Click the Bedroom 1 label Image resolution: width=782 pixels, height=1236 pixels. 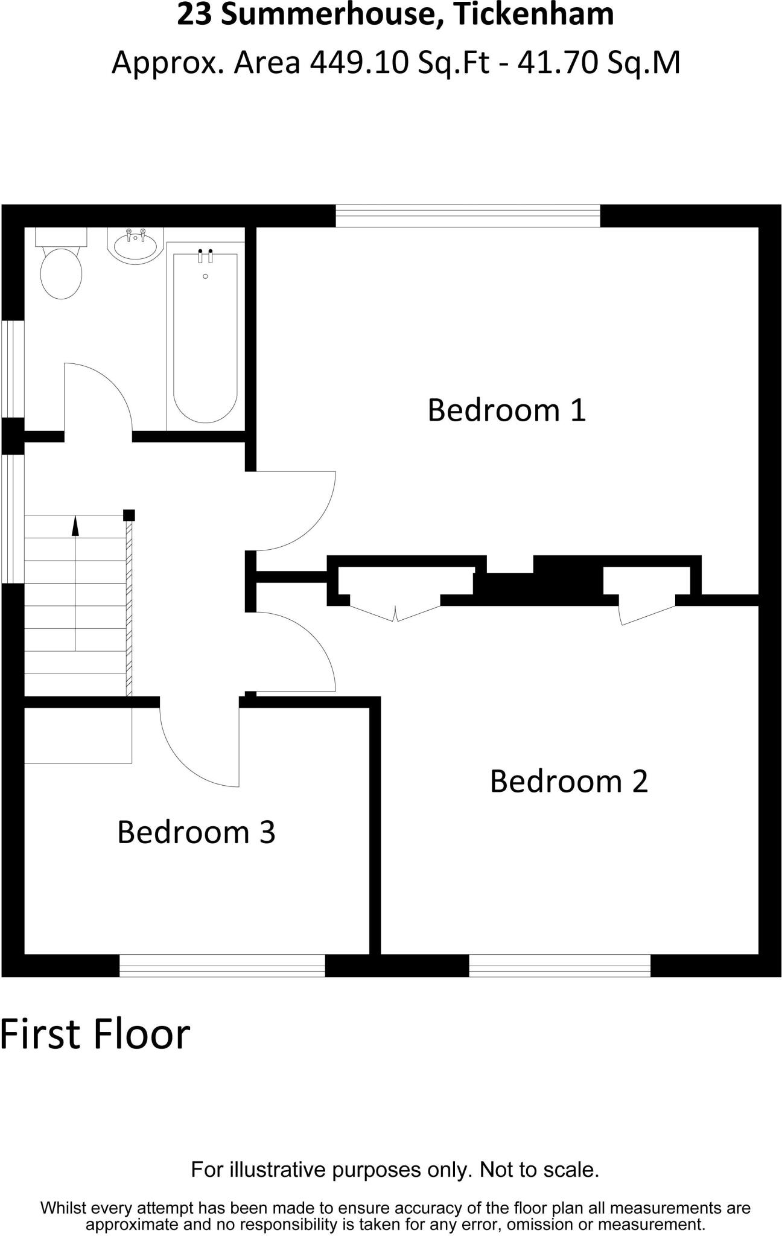pos(506,410)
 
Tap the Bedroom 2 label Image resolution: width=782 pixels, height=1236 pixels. pos(568,782)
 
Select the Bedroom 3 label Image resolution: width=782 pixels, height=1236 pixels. pos(196,832)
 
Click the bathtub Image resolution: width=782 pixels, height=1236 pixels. pos(205,338)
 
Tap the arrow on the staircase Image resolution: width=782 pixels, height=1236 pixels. pos(75,526)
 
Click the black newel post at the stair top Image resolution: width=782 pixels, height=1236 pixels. pos(129,515)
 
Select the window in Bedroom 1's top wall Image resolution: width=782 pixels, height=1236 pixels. pos(468,216)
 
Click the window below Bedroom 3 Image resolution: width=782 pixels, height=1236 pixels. pos(222,966)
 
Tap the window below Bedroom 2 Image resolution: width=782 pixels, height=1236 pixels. pos(559,966)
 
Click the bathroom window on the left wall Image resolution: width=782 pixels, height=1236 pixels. pos(12,368)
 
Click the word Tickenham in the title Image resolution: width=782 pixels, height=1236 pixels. pos(533,15)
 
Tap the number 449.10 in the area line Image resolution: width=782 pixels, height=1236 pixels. pos(360,63)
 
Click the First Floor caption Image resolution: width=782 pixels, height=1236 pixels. pos(95,1034)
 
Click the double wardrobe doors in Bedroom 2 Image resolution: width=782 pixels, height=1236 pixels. pos(395,611)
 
